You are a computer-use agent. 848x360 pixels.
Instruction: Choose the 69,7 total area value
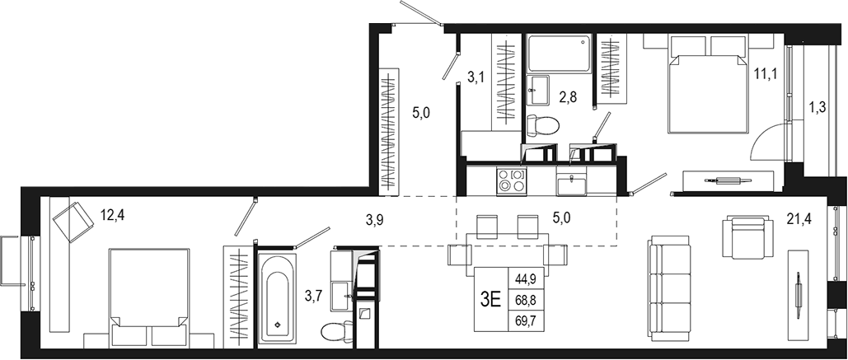526,320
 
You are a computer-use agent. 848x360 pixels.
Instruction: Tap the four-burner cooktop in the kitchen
511,180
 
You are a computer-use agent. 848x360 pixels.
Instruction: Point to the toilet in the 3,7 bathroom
335,332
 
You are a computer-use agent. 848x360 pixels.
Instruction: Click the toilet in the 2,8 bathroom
542,125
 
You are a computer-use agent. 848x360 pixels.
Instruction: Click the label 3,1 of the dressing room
476,79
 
